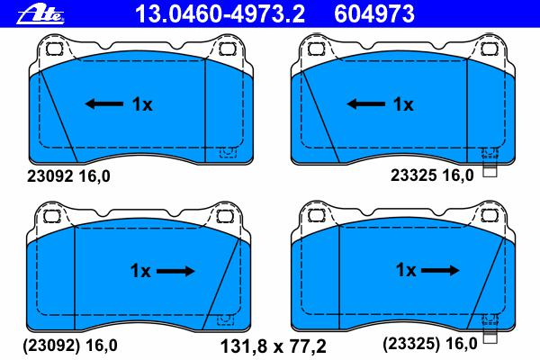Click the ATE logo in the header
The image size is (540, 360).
coord(40,14)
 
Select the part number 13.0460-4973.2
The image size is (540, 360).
coord(220,13)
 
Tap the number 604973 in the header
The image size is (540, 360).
coord(374,13)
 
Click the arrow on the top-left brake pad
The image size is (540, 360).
coord(104,103)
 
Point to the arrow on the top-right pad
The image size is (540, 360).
coord(365,103)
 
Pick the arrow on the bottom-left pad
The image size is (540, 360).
coord(175,271)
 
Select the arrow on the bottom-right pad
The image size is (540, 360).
coord(440,270)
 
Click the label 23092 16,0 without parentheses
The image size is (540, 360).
coord(68,176)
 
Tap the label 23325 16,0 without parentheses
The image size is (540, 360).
coord(432,175)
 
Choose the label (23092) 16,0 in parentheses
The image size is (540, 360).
coord(70,345)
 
